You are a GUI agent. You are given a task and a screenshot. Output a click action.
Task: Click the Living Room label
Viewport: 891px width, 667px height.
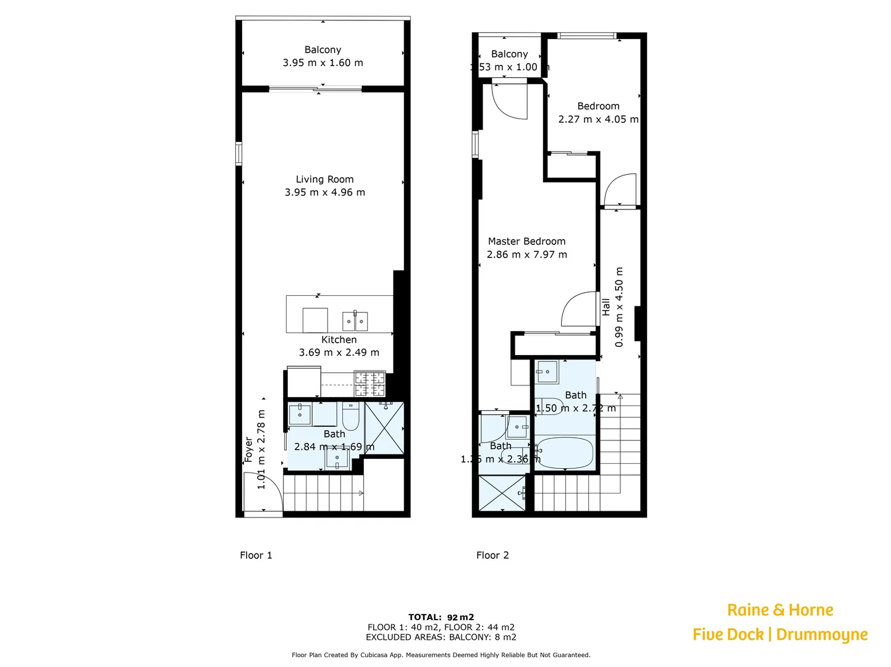tap(324, 179)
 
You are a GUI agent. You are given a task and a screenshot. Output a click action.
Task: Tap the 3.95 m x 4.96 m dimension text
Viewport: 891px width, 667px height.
tap(324, 193)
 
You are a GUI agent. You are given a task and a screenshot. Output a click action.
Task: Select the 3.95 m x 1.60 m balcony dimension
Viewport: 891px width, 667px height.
tap(323, 63)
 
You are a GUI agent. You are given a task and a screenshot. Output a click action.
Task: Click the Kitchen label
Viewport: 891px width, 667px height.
tap(339, 340)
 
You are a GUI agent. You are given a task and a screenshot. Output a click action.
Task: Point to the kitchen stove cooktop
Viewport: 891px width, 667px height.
tap(369, 384)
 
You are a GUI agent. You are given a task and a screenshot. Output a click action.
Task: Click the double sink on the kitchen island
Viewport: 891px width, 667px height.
tap(355, 322)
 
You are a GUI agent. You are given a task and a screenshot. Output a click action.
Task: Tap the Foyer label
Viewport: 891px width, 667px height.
tap(248, 450)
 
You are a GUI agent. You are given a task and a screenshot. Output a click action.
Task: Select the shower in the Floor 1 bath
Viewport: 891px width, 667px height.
tap(384, 428)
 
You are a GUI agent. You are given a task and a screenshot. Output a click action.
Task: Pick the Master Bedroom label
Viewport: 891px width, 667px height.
tap(526, 241)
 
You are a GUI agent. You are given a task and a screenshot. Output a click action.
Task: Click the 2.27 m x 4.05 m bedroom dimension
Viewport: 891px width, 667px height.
tap(598, 120)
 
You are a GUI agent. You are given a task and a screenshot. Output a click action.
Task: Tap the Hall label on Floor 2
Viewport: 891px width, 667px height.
tap(606, 307)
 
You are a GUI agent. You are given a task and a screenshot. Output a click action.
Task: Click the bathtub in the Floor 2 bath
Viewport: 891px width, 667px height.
tap(564, 453)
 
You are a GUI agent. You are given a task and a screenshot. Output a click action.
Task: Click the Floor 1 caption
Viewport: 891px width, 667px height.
tap(256, 555)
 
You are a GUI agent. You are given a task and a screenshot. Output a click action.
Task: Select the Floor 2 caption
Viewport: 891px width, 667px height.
tap(492, 555)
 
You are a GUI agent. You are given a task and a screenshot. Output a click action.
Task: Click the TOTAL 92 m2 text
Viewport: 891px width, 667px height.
tap(441, 617)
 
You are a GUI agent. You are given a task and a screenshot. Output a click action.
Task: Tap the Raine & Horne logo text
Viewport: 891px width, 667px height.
tap(780, 610)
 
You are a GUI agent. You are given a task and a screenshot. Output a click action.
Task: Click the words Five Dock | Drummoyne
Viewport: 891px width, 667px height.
tap(780, 634)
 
